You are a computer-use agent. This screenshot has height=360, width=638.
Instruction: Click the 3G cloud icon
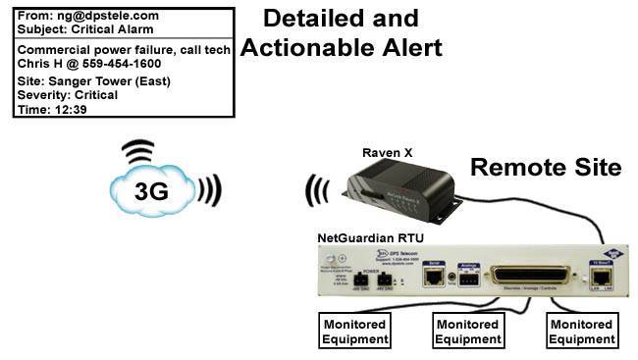point(151,189)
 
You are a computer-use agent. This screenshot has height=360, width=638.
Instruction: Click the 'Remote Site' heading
point(546,168)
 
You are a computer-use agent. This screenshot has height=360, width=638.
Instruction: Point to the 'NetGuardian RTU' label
point(369,237)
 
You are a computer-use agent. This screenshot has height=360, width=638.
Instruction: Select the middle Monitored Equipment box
point(469,332)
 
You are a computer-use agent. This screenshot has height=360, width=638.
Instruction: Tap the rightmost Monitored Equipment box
point(582,332)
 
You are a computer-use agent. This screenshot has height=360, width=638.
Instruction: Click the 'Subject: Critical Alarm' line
point(86,29)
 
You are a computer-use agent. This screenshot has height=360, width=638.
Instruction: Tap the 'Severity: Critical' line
point(68,95)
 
